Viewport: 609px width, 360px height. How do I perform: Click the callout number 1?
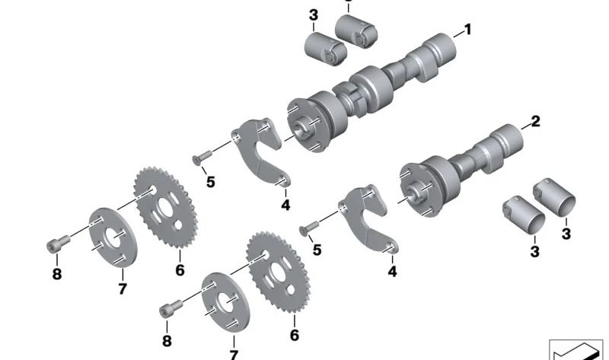[467, 30]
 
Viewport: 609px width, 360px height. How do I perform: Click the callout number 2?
[535, 121]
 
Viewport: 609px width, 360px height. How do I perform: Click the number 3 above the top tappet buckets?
[313, 15]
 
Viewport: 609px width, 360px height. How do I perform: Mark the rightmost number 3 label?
[566, 234]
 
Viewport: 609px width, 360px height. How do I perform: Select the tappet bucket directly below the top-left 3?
[325, 47]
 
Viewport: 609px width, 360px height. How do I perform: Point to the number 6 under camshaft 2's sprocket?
[294, 336]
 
